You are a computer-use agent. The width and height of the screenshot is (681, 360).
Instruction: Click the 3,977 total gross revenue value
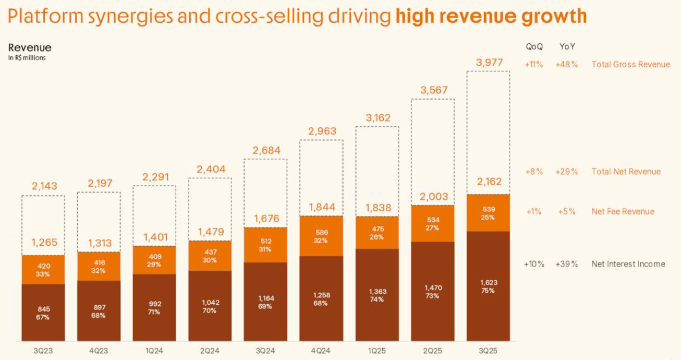coord(489,63)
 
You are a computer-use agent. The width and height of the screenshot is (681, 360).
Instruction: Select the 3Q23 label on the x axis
coord(43,351)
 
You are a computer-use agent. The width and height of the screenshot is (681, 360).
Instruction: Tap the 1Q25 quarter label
coord(377,351)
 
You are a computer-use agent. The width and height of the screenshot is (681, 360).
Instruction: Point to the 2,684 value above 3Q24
coord(266,151)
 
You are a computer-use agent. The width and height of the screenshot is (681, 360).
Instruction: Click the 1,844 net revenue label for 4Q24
coord(321,208)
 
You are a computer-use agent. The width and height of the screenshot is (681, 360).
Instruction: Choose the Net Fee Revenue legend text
coord(623,212)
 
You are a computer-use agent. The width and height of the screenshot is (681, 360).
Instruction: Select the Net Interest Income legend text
coord(628,264)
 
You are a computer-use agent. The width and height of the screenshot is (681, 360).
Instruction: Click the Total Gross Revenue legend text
coord(630,65)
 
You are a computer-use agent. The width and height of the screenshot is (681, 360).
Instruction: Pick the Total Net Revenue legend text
coord(626,172)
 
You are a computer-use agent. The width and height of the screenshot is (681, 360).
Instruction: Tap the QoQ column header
coord(534,46)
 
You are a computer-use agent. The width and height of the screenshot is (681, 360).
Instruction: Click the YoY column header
coord(567,46)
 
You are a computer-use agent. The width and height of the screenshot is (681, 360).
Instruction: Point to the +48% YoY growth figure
coord(567,65)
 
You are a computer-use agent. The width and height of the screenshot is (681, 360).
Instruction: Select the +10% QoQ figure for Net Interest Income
coord(534,264)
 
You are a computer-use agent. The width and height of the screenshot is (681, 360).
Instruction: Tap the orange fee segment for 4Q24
coord(321,236)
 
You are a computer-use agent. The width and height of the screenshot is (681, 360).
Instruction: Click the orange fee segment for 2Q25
coord(433,223)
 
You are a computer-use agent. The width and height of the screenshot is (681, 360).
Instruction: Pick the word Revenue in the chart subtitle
coord(30,48)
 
